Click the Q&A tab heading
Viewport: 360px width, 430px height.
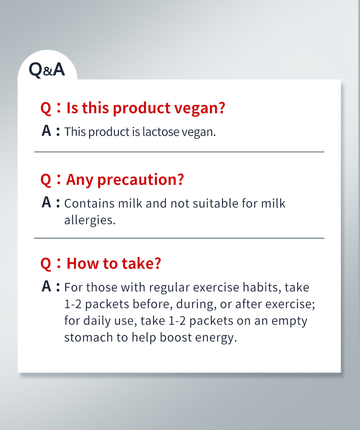(47, 69)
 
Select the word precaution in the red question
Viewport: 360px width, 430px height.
(140, 180)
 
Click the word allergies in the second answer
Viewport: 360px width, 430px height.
(90, 220)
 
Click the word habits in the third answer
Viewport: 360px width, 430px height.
(262, 287)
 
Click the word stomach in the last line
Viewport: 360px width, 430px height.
(88, 338)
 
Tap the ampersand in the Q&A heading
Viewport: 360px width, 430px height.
(48, 72)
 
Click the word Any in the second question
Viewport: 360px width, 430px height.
(79, 180)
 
